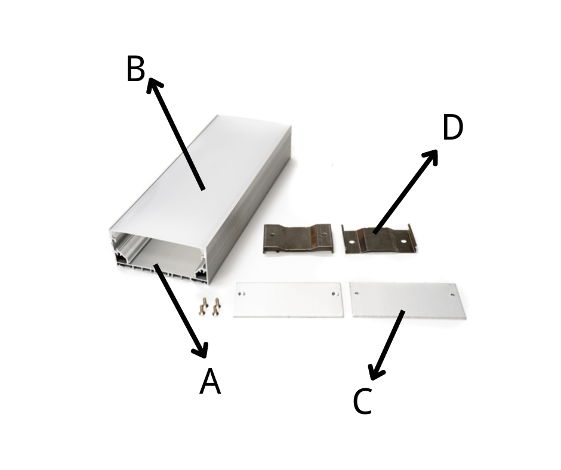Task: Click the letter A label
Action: pyautogui.click(x=210, y=381)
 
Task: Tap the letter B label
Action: pyautogui.click(x=135, y=69)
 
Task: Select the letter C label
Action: pyautogui.click(x=362, y=401)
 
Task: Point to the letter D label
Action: pyautogui.click(x=452, y=127)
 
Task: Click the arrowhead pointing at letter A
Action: pyautogui.click(x=201, y=350)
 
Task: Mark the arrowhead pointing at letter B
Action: pyautogui.click(x=154, y=85)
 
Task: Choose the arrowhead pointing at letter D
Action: pyautogui.click(x=431, y=156)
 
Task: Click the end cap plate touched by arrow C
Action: pyautogui.click(x=408, y=300)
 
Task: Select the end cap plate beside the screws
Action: pyautogui.click(x=288, y=299)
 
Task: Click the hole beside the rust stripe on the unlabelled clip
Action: pyautogui.click(x=324, y=236)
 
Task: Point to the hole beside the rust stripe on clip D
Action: pyautogui.click(x=352, y=242)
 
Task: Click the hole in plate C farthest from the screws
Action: pyautogui.click(x=452, y=295)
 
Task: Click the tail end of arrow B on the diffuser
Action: pyautogui.click(x=203, y=189)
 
